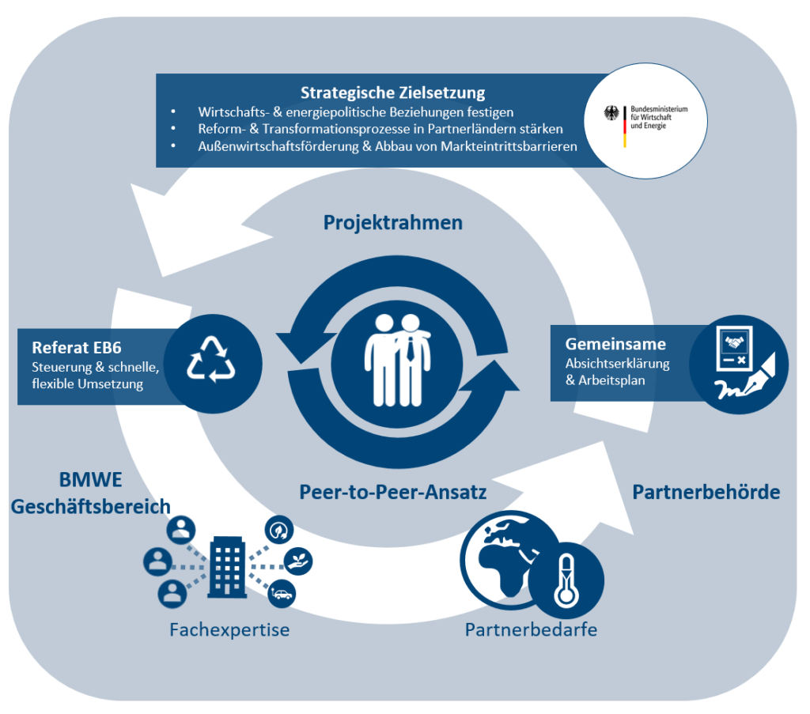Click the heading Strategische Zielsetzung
coord(392,93)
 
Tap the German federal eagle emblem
coord(611,113)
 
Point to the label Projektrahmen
coord(392,223)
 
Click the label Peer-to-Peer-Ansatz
coord(392,492)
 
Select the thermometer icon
coord(565,580)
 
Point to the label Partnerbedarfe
coord(531,630)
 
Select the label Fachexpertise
coord(229,630)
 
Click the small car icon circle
coord(282,593)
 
